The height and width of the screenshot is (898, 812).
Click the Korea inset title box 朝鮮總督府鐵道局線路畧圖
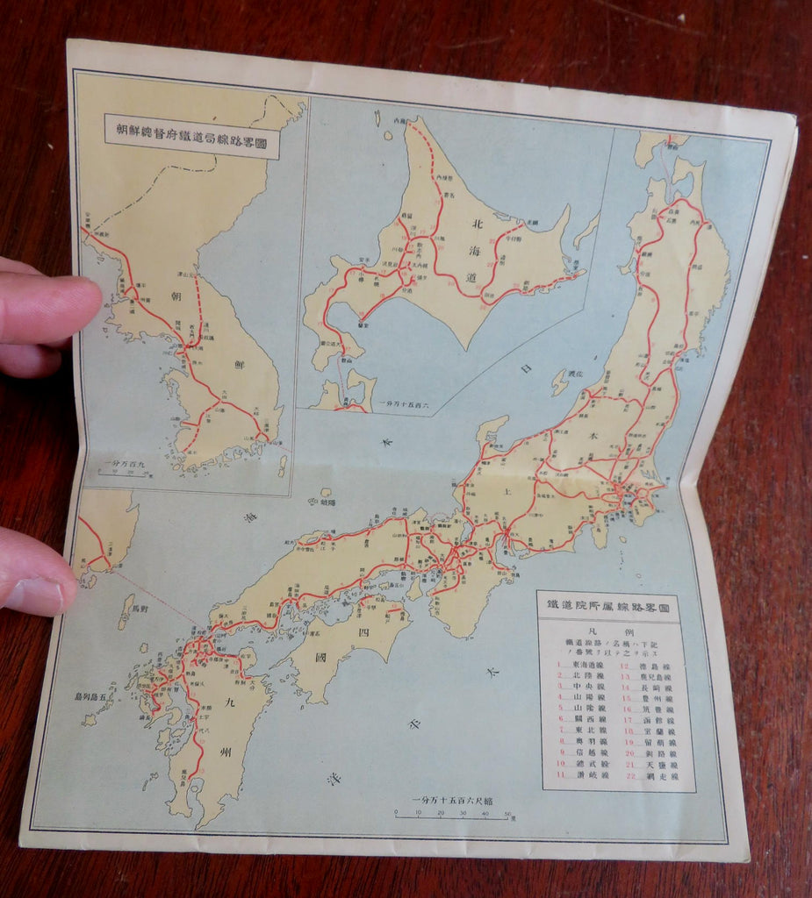click(x=191, y=137)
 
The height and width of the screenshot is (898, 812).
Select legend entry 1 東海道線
click(x=580, y=666)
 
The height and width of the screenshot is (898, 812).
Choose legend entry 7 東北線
click(x=579, y=730)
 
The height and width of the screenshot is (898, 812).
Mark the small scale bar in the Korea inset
click(x=123, y=473)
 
